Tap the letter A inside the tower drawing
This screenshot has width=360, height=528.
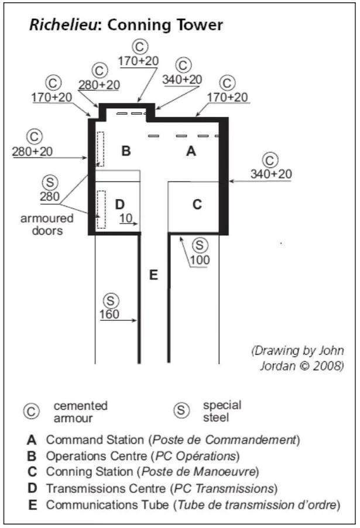pyautogui.click(x=190, y=152)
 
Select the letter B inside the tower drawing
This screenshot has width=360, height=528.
pyautogui.click(x=125, y=152)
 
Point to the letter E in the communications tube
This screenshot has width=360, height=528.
pyautogui.click(x=153, y=274)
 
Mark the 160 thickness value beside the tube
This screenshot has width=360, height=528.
pyautogui.click(x=109, y=314)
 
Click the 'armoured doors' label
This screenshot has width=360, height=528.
pyautogui.click(x=47, y=224)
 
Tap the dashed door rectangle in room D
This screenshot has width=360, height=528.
pyautogui.click(x=101, y=209)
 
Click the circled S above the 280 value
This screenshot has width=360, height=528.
pyautogui.click(x=51, y=183)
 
